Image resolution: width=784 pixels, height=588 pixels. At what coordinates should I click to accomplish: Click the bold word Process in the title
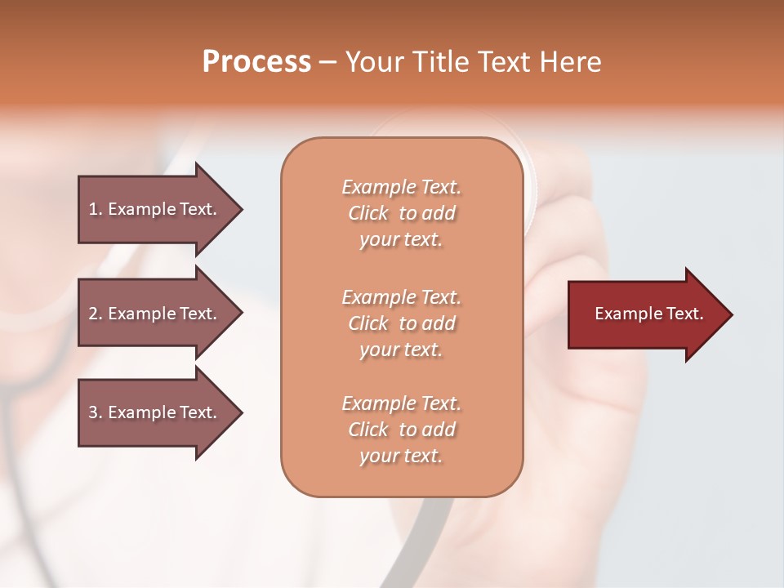click(x=256, y=62)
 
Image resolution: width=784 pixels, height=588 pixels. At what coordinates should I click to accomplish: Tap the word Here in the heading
click(x=568, y=62)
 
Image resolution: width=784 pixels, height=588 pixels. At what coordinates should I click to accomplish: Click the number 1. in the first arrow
click(x=96, y=209)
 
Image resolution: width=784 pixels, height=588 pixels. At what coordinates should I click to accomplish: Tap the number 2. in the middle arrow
click(x=96, y=314)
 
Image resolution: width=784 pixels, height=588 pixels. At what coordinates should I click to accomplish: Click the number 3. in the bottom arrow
click(x=96, y=412)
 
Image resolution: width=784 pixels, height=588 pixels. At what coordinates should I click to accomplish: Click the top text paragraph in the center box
click(x=401, y=213)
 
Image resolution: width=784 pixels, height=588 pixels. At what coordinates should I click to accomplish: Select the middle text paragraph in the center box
click(x=401, y=323)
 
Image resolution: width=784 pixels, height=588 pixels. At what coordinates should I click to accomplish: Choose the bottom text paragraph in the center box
click(x=401, y=430)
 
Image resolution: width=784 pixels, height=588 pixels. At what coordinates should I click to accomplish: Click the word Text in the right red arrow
click(x=685, y=314)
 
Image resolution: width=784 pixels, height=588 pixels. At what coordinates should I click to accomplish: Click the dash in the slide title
click(x=327, y=63)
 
